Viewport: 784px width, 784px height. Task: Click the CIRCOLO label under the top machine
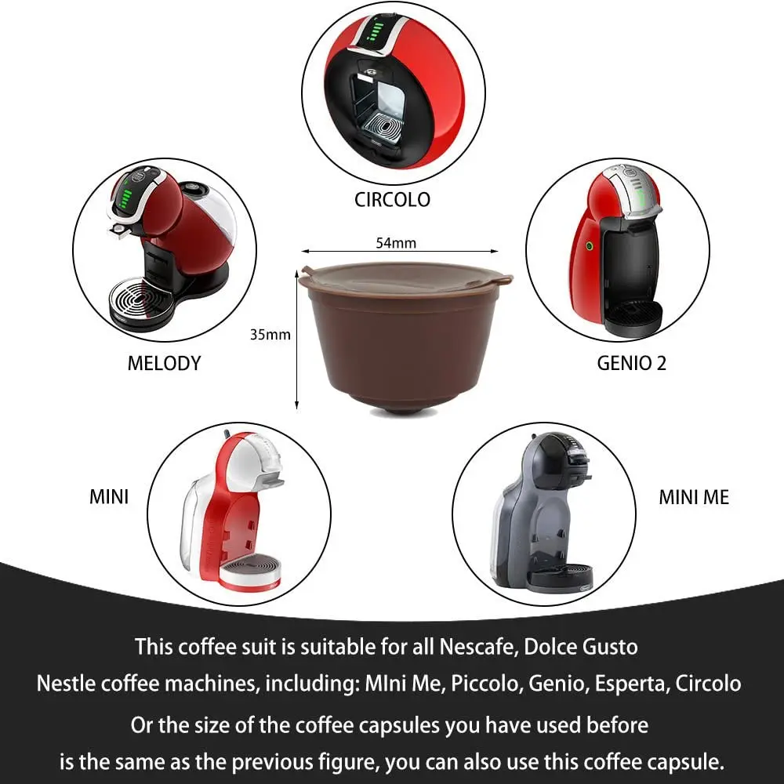click(x=392, y=199)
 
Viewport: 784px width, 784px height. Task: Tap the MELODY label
click(x=164, y=363)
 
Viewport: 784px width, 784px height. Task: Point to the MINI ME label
click(x=694, y=497)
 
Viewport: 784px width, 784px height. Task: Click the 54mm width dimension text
click(x=396, y=242)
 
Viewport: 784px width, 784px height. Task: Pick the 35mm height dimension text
click(x=270, y=334)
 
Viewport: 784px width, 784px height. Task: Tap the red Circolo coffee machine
click(x=392, y=86)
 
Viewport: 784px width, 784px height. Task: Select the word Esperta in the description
click(x=626, y=683)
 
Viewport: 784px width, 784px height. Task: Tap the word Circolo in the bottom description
click(x=706, y=683)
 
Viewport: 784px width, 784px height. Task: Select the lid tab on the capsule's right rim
click(x=501, y=278)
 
